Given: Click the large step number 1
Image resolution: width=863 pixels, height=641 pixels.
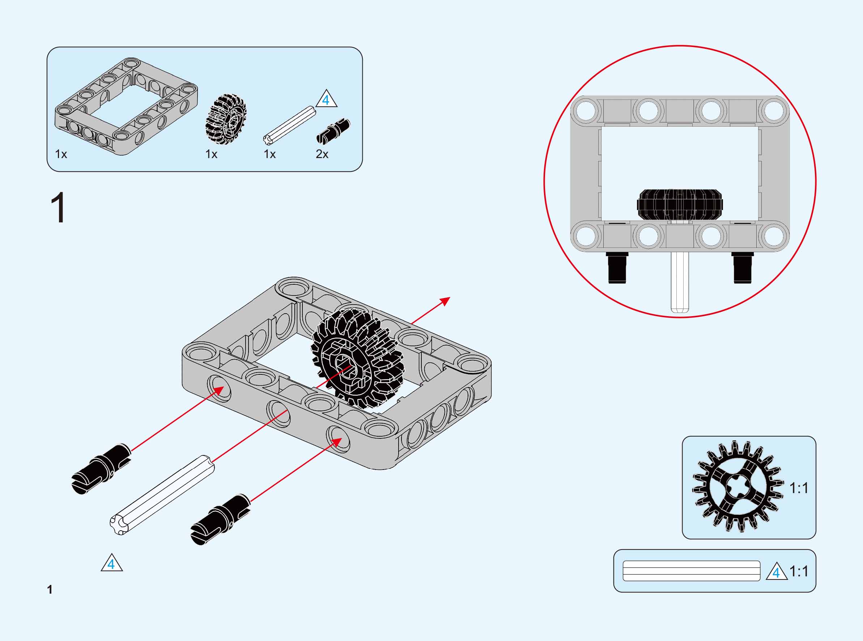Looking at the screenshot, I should pyautogui.click(x=59, y=208).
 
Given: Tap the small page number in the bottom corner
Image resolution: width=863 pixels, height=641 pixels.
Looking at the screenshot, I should pyautogui.click(x=50, y=590).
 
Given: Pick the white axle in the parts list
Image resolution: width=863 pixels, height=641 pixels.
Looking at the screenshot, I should pyautogui.click(x=289, y=124).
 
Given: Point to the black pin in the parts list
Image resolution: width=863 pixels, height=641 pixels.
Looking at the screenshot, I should pyautogui.click(x=333, y=131).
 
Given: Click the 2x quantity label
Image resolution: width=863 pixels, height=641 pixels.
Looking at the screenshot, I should pyautogui.click(x=322, y=154).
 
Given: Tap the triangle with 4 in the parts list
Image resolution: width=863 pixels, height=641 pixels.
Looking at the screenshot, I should pyautogui.click(x=326, y=100).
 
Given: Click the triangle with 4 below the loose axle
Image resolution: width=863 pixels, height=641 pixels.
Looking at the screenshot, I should pyautogui.click(x=112, y=563).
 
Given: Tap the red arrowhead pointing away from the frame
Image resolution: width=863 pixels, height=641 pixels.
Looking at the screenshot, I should pyautogui.click(x=445, y=301).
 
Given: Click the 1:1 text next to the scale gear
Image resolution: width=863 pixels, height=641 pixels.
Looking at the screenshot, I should pyautogui.click(x=799, y=488).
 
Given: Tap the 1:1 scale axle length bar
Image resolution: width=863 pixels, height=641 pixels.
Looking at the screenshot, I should pyautogui.click(x=691, y=571).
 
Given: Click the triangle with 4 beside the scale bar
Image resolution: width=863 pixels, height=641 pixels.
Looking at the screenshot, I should pyautogui.click(x=777, y=572).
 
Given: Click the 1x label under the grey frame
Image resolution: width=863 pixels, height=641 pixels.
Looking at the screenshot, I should pyautogui.click(x=61, y=154).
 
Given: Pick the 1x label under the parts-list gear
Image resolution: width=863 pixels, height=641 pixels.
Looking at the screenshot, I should pyautogui.click(x=211, y=154).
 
